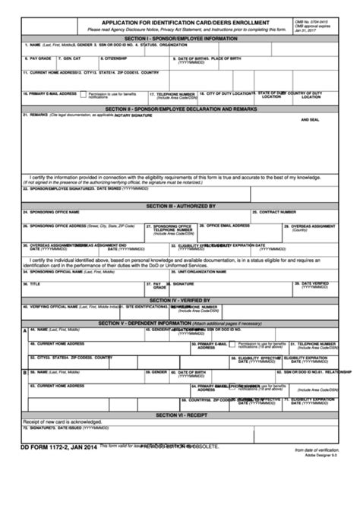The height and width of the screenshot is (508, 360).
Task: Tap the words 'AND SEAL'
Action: click(x=310, y=120)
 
